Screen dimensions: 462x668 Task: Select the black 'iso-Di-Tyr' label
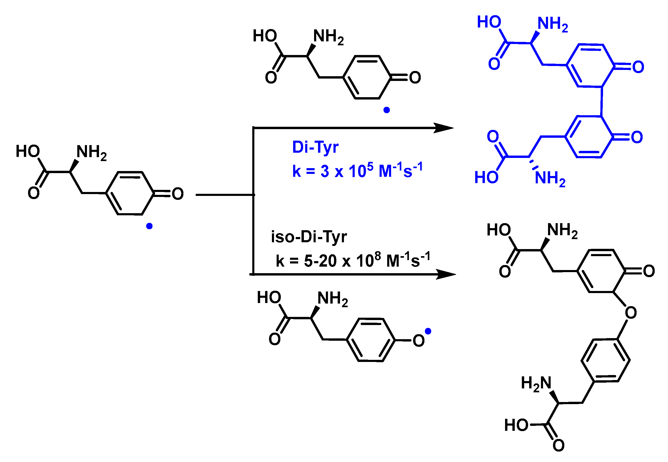[x=309, y=237]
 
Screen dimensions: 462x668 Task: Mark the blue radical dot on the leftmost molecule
[x=149, y=226]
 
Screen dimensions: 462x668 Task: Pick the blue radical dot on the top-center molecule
[x=386, y=110]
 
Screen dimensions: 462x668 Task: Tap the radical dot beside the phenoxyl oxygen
[x=428, y=331]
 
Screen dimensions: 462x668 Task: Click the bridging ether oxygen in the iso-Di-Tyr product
[x=631, y=313]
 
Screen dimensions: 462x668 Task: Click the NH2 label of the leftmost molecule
[x=91, y=152]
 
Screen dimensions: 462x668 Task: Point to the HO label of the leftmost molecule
[x=28, y=151]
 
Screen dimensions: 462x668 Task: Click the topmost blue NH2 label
[x=553, y=24]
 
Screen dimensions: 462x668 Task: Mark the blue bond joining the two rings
[x=602, y=101]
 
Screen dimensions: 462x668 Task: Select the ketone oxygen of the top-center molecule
[x=415, y=78]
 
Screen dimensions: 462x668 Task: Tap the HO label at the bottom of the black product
[x=516, y=425]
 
